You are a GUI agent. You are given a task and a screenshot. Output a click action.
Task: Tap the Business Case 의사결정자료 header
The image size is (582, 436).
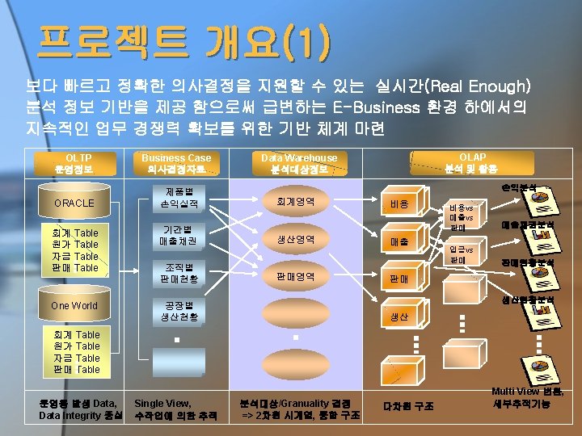176,164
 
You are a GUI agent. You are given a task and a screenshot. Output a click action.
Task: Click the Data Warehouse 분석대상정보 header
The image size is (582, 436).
299,164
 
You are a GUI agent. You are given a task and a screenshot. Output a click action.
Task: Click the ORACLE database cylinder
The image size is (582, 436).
74,203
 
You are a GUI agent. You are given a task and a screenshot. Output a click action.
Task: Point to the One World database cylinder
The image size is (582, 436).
74,305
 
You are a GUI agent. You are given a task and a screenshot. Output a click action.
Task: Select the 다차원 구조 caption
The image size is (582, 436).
409,405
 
